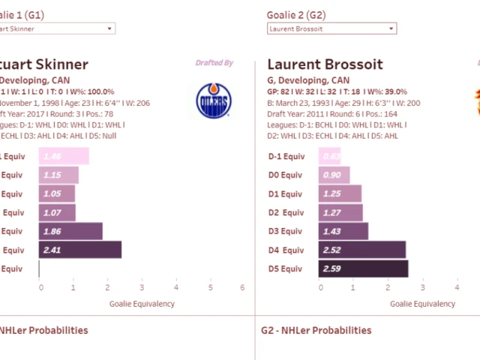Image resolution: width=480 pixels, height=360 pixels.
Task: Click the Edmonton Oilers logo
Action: pos(214,100)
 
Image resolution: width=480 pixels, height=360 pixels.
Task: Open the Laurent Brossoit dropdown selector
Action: pos(331,28)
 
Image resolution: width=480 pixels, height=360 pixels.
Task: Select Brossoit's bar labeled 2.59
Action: pos(363,268)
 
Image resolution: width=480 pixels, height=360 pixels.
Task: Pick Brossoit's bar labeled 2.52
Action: pos(361,250)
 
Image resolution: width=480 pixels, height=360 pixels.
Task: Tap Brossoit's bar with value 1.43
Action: pos(343,231)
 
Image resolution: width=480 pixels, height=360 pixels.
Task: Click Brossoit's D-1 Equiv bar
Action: pos(329,156)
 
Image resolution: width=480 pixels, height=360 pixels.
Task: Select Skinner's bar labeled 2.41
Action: pos(79,250)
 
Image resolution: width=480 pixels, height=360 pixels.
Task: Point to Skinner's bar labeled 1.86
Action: pos(70,231)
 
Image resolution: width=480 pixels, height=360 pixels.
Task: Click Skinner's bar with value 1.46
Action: pos(64,156)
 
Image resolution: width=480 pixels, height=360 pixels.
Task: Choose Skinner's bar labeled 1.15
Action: pos(58,175)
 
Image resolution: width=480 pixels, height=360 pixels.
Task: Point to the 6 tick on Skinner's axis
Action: pos(242,287)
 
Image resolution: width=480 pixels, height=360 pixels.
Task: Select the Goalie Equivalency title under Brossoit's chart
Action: pos(422,304)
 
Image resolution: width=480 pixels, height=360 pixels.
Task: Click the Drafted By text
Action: pos(214,63)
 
